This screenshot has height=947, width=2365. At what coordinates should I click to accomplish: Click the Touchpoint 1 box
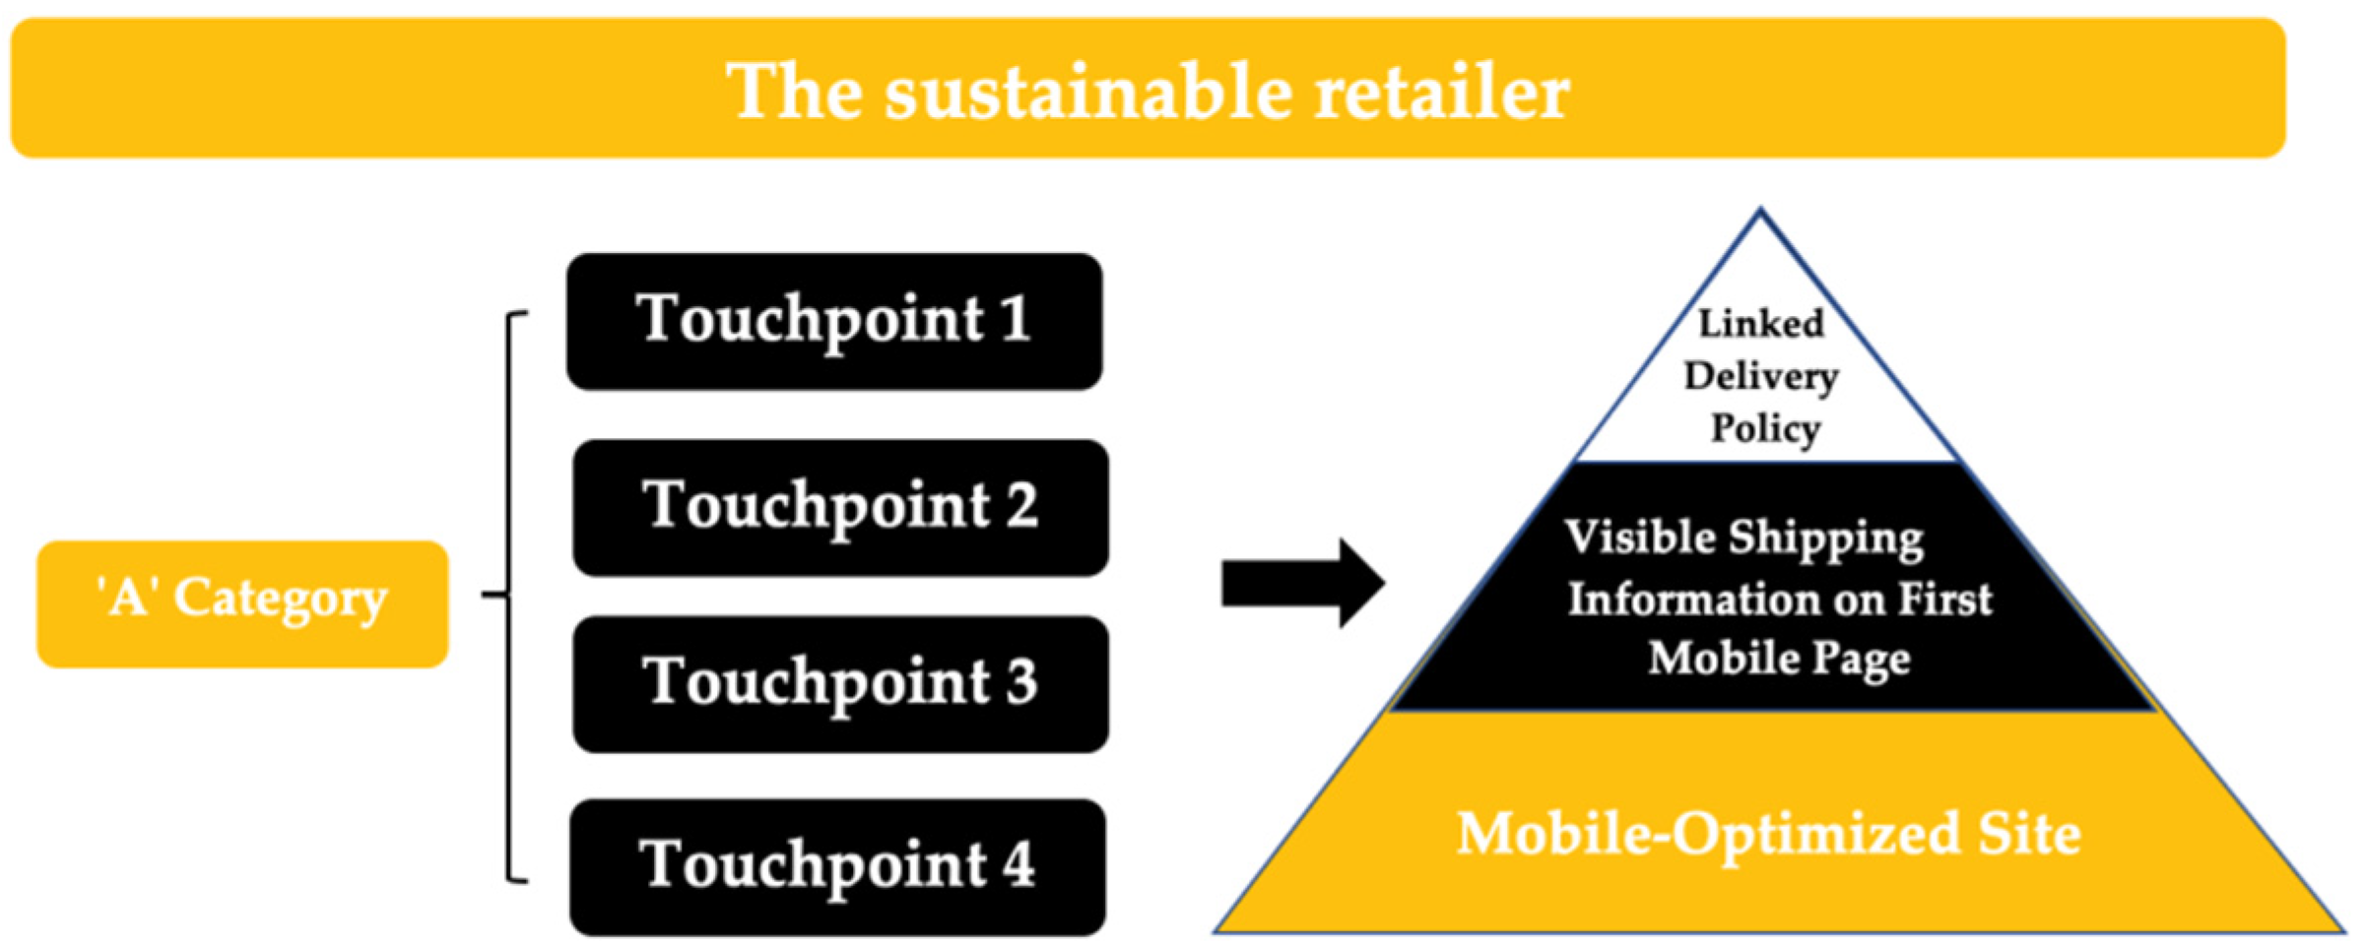point(833,322)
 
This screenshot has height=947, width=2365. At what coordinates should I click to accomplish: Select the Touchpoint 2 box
point(840,508)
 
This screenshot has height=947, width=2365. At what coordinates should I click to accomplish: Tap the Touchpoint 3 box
point(840,684)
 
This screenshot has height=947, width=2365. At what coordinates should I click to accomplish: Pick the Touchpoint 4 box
point(837,867)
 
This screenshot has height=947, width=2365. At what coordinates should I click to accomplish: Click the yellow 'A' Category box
point(242,603)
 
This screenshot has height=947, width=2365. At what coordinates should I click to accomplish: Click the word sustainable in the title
point(1088,92)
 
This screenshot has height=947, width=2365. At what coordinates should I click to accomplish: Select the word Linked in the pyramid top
point(1760,323)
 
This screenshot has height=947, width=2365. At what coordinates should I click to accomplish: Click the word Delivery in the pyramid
point(1760,376)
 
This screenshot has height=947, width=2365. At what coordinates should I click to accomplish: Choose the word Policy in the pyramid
point(1764,429)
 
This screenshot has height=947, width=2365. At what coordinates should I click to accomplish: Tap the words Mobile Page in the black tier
point(1779,658)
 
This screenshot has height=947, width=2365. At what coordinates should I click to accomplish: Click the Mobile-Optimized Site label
point(1768,834)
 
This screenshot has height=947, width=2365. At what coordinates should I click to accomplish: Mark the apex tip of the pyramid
point(1760,212)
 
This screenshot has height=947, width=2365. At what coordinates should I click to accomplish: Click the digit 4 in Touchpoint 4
point(1018,864)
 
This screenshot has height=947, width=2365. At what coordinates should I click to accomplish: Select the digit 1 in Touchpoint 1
point(1016,319)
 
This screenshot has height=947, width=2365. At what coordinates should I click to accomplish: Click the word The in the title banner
point(792,92)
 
